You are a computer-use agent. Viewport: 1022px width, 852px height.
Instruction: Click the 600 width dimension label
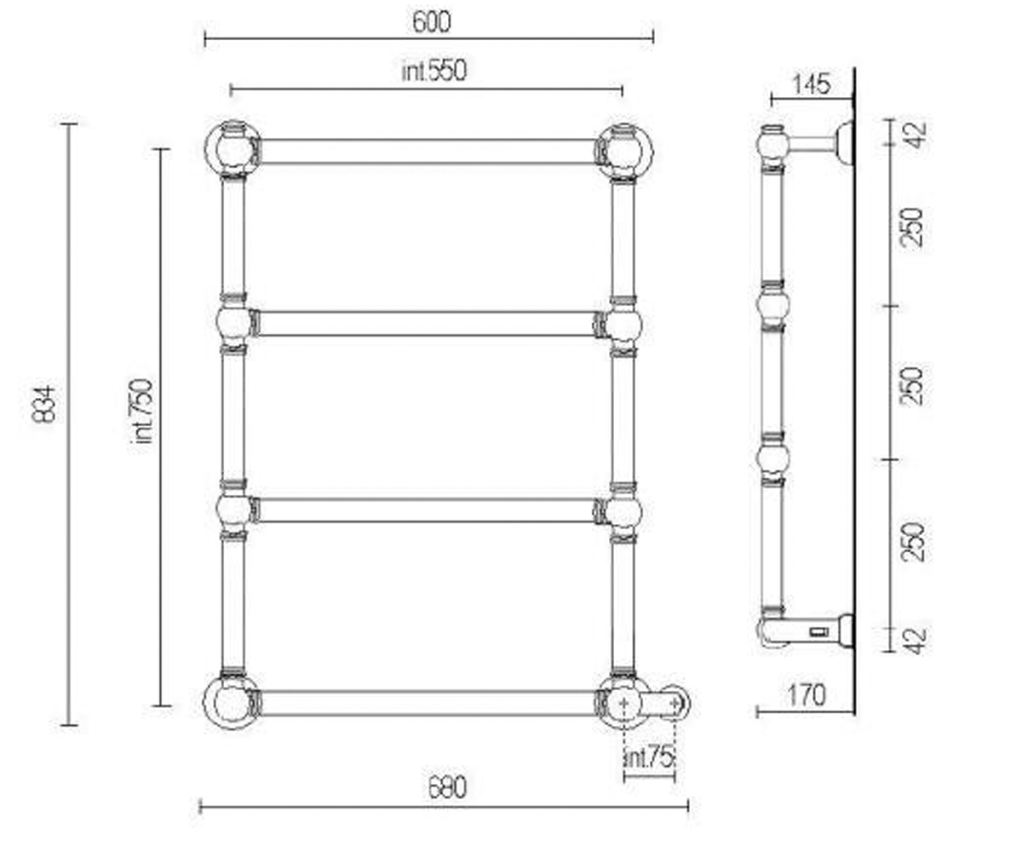pos(431,22)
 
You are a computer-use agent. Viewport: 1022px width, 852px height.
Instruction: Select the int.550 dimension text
pos(434,71)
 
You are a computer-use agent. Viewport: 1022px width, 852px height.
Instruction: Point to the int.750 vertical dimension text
pos(143,412)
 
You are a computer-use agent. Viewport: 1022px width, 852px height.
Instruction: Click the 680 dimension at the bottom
pos(447,788)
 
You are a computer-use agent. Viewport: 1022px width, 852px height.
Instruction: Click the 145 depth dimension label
pos(812,84)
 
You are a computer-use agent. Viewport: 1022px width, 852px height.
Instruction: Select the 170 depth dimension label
pos(807,695)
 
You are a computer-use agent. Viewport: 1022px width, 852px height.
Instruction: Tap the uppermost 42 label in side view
pos(913,135)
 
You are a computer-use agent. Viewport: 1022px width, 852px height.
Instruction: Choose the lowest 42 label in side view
pos(913,641)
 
